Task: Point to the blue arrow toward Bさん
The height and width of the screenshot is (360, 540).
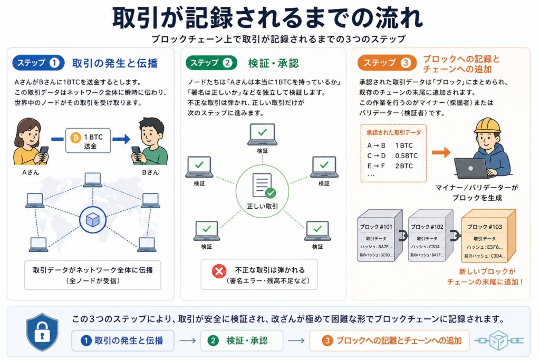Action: pos(122,139)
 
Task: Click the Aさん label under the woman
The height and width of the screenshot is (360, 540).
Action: pos(30,172)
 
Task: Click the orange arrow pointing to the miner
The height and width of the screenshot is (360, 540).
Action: pos(441,152)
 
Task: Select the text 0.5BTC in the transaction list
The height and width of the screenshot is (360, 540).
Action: pos(406,156)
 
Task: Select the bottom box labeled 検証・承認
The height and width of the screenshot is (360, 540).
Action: pos(242,340)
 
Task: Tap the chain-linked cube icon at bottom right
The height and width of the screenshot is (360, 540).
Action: pos(498,340)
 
